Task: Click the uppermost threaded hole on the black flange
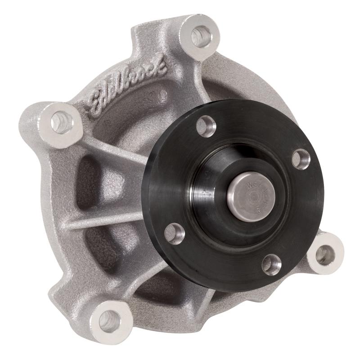coord(207,126)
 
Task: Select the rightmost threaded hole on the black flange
coord(301,159)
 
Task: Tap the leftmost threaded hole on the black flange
coord(175,233)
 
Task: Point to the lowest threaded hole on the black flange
coord(271,264)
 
